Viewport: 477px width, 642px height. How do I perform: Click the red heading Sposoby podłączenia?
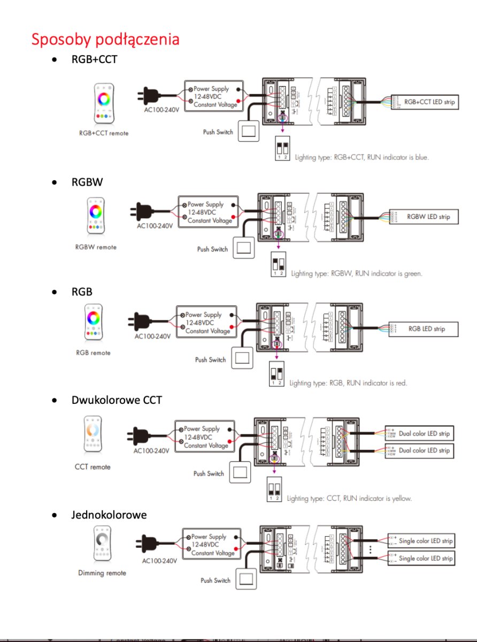point(105,39)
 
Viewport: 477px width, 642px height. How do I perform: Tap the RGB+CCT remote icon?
point(104,102)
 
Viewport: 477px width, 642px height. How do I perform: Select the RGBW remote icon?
point(96,217)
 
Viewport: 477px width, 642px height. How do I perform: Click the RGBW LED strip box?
point(428,217)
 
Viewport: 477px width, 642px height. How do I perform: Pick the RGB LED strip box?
point(426,328)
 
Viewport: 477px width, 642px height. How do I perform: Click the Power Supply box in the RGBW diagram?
point(208,212)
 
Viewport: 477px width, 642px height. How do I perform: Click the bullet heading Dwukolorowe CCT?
point(116,400)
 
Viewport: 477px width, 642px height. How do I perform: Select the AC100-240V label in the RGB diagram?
point(152,337)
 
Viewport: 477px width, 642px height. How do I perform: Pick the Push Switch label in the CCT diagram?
point(209,473)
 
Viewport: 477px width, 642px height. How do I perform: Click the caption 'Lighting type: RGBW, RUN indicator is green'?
point(357,273)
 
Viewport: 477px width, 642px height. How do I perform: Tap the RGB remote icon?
point(93,322)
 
